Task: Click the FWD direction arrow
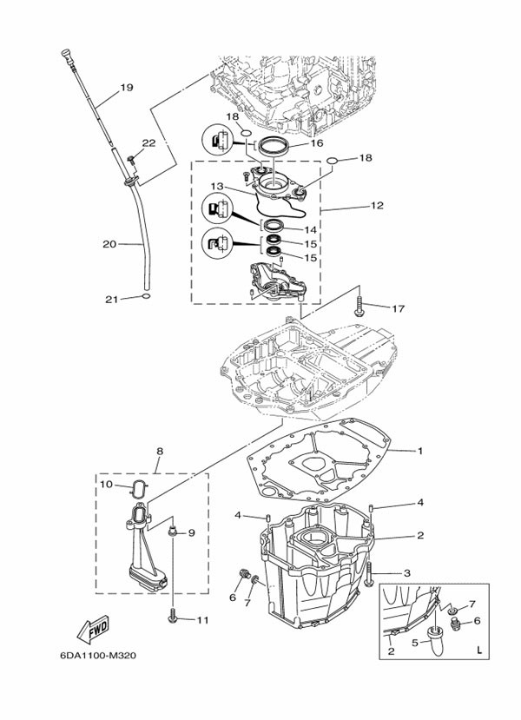coord(93,629)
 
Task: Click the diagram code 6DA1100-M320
coord(98,655)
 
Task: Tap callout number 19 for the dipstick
coord(126,87)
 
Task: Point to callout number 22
coord(148,143)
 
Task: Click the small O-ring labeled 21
coord(146,296)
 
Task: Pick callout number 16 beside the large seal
coord(317,143)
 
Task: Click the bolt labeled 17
coord(359,307)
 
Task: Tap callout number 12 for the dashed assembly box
coord(377,205)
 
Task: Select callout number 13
coord(217,187)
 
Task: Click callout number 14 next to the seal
coord(310,229)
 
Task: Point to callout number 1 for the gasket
coord(419,451)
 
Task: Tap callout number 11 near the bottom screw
coord(202,620)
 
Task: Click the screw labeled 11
coord(173,616)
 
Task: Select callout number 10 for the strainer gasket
coord(106,485)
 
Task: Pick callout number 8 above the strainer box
coord(160,452)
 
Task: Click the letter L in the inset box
coord(479,650)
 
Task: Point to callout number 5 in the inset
coord(415,643)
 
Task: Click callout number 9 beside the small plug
coord(191,532)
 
